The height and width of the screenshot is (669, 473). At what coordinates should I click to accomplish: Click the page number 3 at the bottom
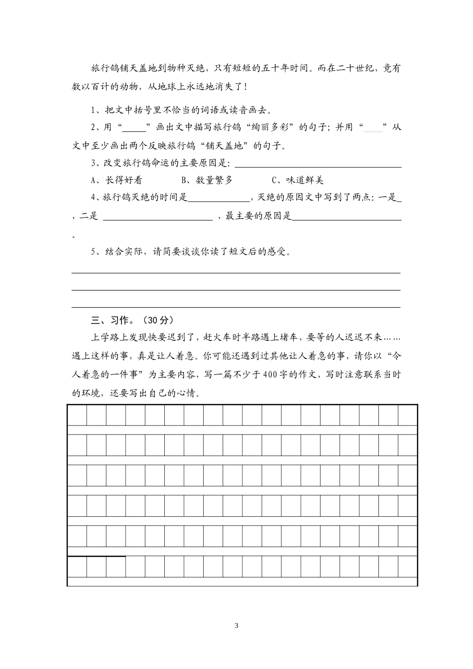point(236,626)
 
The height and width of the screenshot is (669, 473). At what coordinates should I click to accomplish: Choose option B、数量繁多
point(207,180)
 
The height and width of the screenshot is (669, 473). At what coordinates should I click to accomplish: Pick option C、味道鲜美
point(298,180)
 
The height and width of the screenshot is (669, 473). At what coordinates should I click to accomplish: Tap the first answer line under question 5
point(236,272)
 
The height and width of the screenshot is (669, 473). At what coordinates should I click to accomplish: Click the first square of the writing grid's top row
point(77,415)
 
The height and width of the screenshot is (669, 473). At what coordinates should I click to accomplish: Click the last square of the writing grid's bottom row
point(407,566)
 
